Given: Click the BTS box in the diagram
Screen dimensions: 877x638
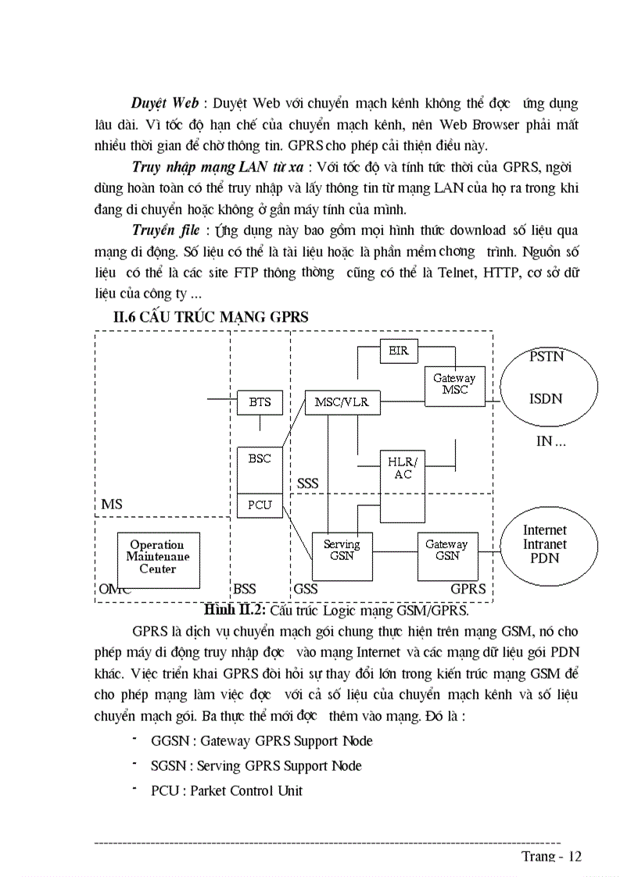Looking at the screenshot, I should (260, 402).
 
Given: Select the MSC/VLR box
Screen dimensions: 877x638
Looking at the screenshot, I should (342, 403).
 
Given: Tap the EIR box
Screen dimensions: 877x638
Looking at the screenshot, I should (398, 351).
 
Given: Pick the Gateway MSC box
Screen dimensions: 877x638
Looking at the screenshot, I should (453, 384).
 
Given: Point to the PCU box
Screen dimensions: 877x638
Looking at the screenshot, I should (260, 505).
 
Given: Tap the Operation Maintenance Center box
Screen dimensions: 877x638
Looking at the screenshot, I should (158, 556).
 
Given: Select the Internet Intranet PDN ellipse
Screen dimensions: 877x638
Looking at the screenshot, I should (545, 545).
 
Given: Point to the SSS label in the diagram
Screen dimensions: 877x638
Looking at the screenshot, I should (308, 483).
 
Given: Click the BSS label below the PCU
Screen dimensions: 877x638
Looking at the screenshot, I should (245, 589).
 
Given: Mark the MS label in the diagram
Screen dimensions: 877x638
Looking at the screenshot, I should (112, 504).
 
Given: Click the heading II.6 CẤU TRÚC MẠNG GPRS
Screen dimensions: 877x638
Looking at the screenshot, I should (211, 316).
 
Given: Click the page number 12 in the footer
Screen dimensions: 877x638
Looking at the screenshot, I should (575, 857).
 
